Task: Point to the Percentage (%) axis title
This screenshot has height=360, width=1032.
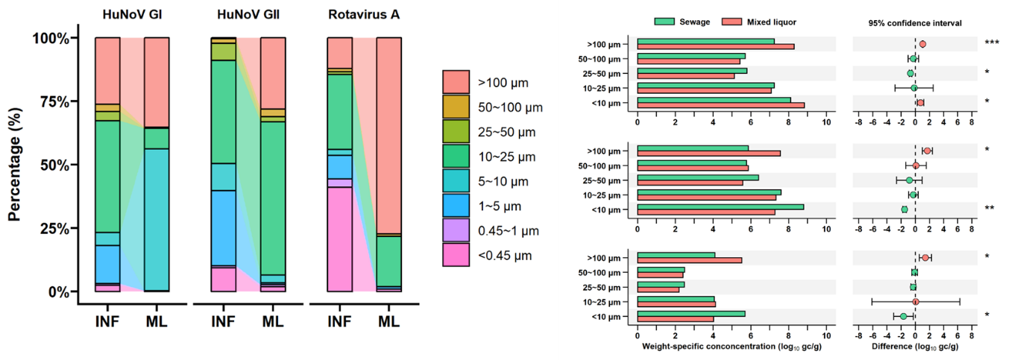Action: pos(14,164)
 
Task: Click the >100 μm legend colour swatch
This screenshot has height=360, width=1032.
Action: pos(456,82)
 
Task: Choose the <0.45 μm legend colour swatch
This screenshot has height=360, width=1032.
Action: pos(456,254)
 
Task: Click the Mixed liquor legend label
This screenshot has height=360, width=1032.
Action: pos(770,22)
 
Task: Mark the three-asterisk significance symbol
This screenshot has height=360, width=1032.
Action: pos(991,44)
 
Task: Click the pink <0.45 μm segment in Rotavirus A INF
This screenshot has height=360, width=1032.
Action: pos(340,239)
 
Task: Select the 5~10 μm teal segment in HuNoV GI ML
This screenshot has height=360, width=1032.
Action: pos(156,219)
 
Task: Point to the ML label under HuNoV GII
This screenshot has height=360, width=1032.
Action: pos(272,321)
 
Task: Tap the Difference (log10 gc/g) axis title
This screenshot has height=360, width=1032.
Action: pos(915,347)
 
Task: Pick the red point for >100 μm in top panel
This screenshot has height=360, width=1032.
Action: pos(922,44)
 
